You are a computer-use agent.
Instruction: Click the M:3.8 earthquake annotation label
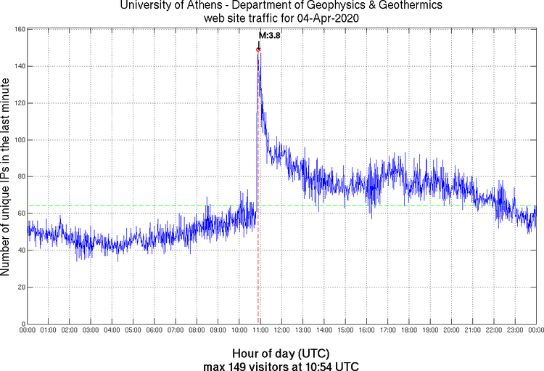pos(270,35)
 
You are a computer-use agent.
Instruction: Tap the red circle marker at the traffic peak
pos(258,49)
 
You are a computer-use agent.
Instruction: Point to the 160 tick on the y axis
pos(20,30)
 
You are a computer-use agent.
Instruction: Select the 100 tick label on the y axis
pos(20,139)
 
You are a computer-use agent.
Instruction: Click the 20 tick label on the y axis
pos(21,287)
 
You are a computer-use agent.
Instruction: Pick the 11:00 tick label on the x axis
pos(260,330)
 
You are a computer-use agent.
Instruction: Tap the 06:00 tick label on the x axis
pos(154,330)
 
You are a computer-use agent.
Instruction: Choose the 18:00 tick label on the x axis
pos(408,330)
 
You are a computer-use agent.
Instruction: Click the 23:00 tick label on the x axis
pos(514,330)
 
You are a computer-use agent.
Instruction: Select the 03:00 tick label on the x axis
pos(91,330)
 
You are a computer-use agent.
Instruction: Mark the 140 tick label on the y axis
pos(20,66)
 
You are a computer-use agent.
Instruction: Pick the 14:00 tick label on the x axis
pos(323,330)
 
